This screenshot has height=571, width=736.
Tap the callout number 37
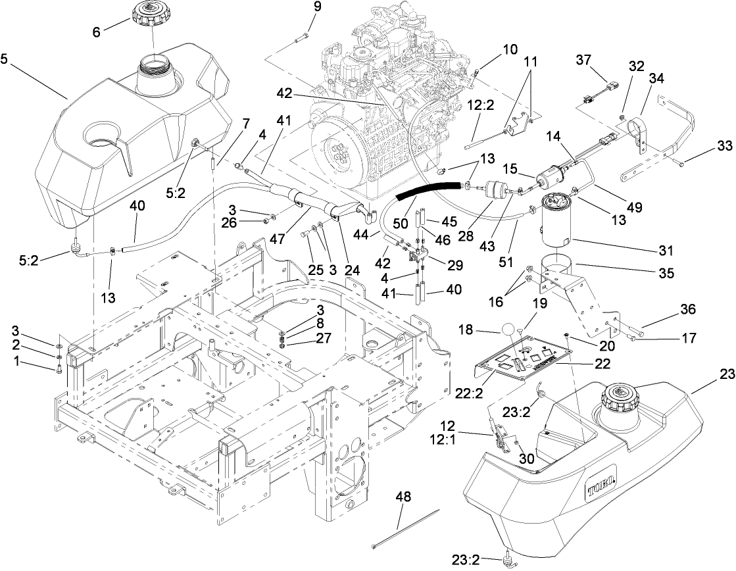pyautogui.click(x=584, y=61)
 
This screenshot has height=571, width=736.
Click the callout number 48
pyautogui.click(x=403, y=497)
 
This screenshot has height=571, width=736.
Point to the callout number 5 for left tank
pyautogui.click(x=5, y=58)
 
